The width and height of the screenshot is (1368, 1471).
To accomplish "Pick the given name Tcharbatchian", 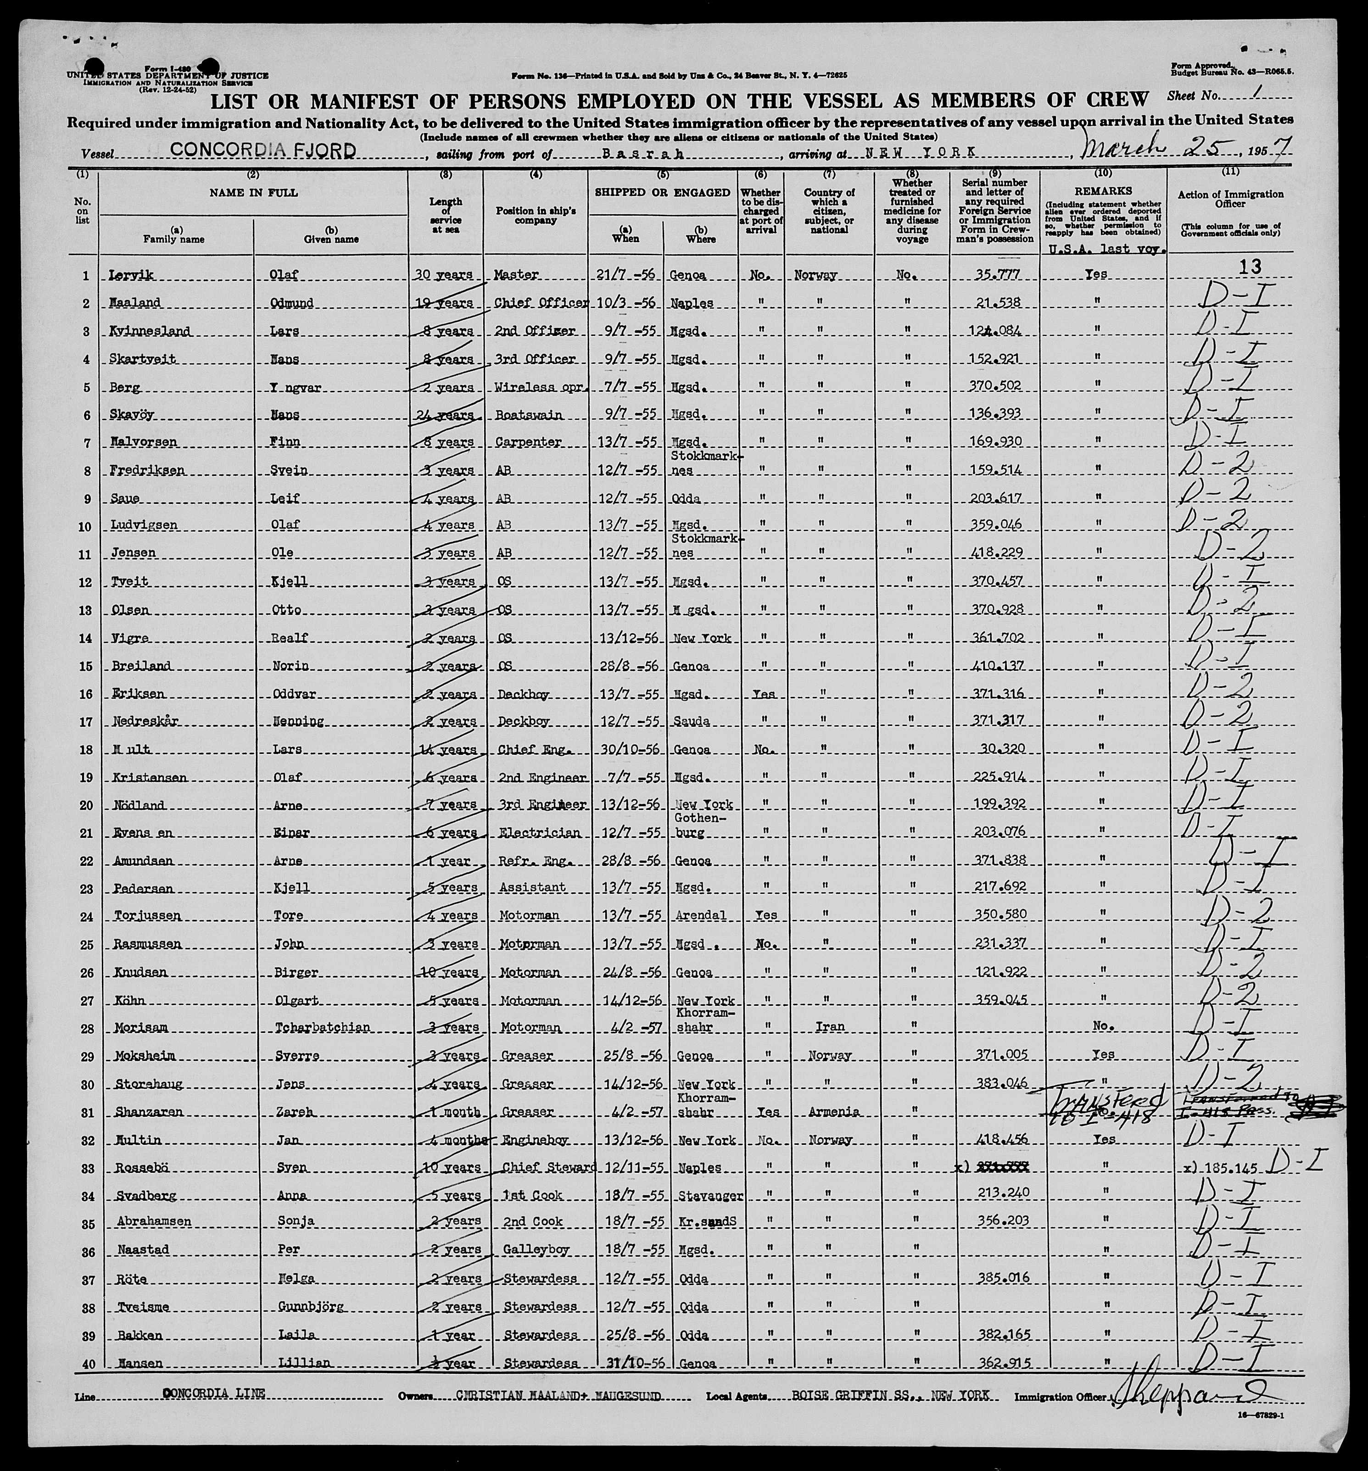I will coord(330,1027).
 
